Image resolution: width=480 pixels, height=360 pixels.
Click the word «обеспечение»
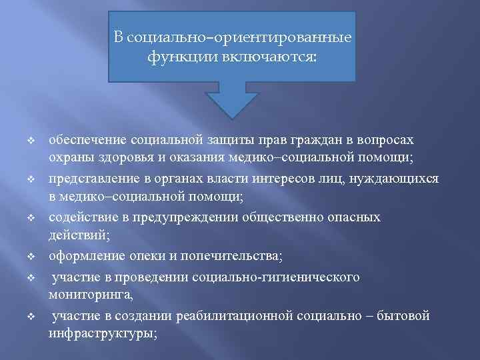coord(89,141)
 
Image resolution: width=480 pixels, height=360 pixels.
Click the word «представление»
coord(93,179)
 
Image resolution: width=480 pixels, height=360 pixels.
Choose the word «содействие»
coord(82,218)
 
